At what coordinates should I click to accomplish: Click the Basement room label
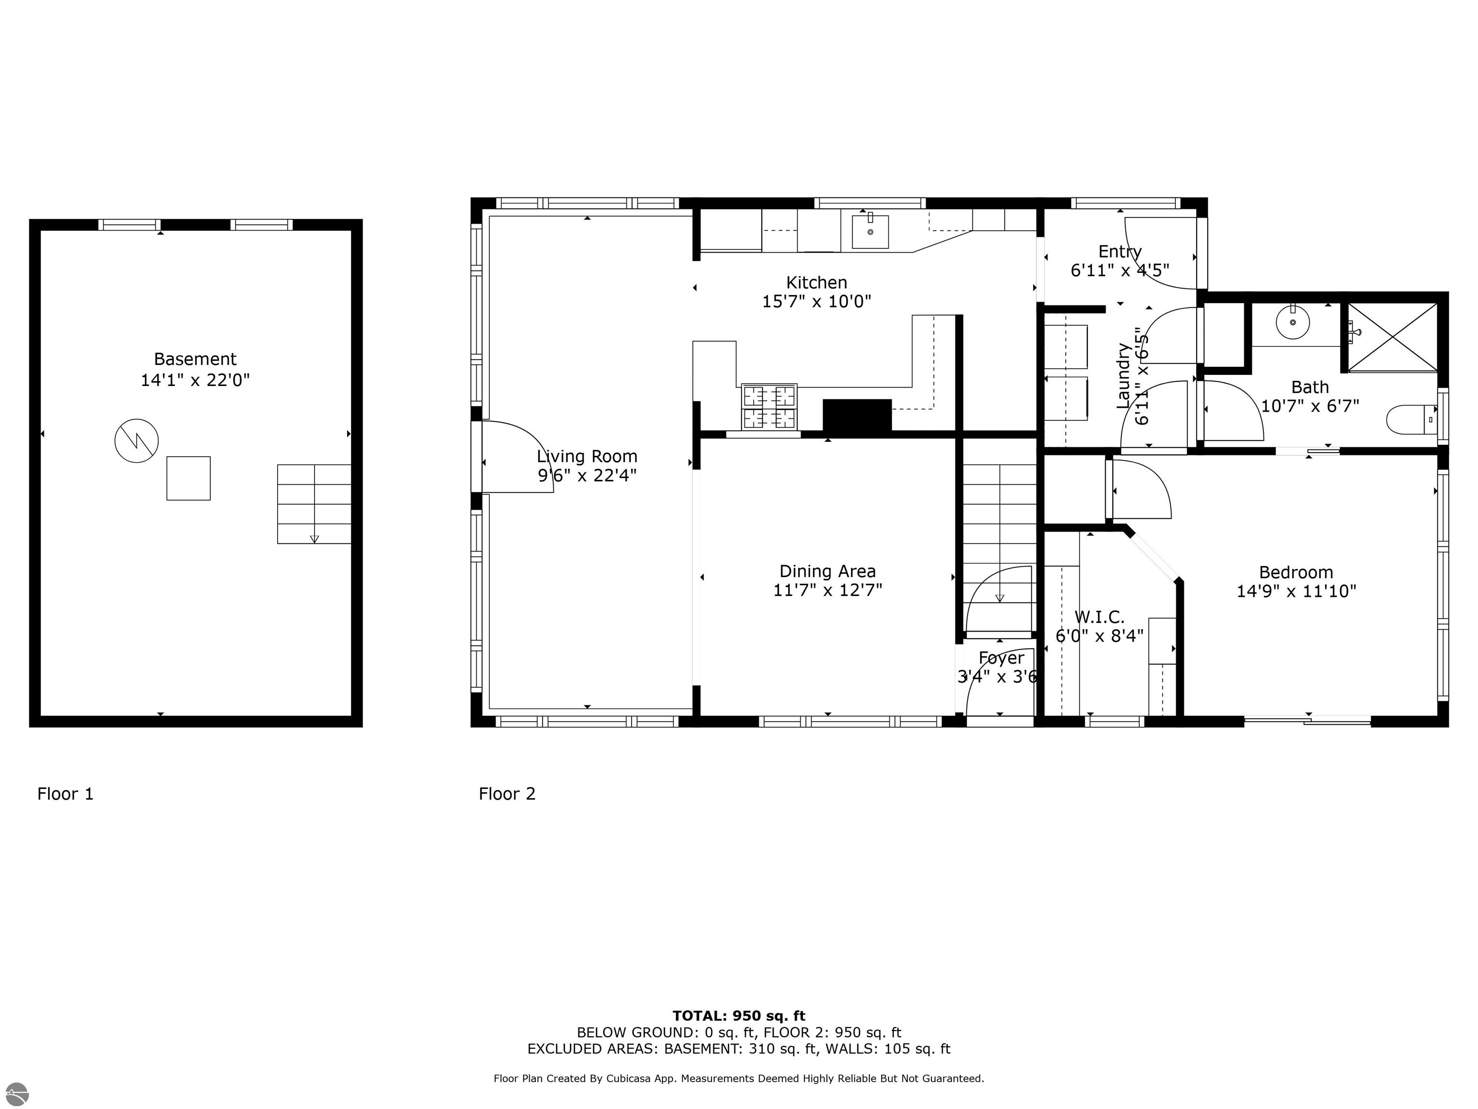195,359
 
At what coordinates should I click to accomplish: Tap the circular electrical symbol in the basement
136,440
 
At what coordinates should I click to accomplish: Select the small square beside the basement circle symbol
189,478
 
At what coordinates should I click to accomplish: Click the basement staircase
314,503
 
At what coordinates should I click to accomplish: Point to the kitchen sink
870,232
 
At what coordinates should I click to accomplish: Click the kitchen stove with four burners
769,406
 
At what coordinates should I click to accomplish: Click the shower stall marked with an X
1392,337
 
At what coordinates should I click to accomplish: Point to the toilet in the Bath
1411,420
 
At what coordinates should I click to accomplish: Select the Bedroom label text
1296,572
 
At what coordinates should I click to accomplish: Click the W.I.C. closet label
1099,617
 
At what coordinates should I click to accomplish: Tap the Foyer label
1000,658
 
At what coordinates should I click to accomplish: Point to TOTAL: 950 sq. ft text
739,1016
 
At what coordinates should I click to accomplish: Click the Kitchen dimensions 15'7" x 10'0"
816,301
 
